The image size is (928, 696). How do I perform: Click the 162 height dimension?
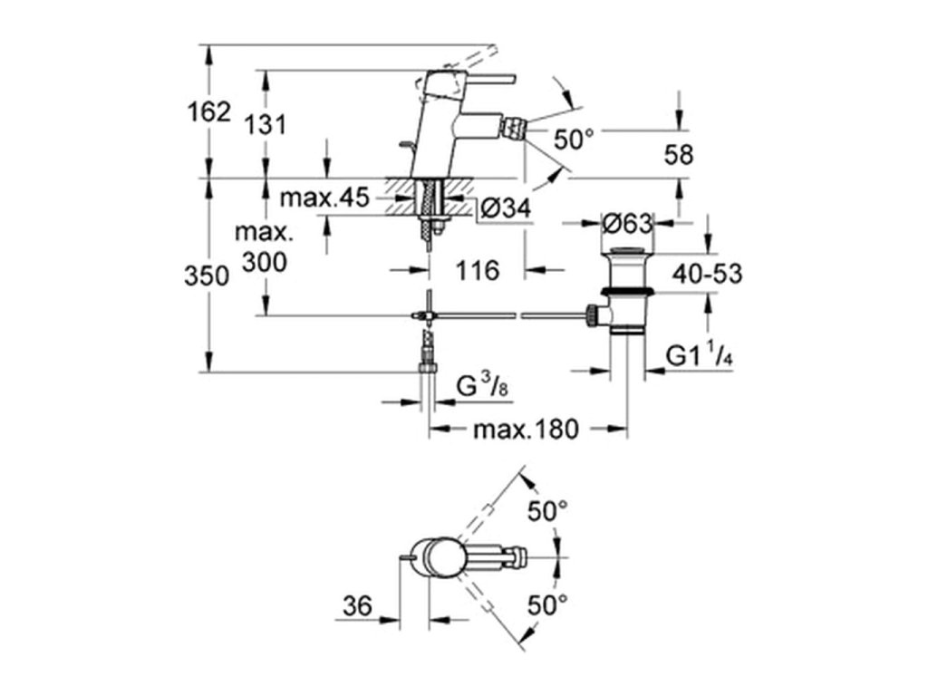pos(208,111)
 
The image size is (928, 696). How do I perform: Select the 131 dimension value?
pos(266,124)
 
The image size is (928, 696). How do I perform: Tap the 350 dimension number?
pos(206,276)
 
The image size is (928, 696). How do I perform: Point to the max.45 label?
pos(324,197)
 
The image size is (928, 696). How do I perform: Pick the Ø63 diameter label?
pos(627,224)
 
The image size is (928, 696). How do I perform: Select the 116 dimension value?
pos(478,270)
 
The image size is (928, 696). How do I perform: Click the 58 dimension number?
pos(678,155)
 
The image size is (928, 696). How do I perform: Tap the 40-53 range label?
pos(707,274)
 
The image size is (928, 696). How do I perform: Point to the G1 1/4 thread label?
pos(700,356)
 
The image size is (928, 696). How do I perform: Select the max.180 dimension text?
pos(526,429)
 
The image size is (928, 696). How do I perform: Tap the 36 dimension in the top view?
pos(357,606)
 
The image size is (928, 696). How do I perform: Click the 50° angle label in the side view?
pos(574,140)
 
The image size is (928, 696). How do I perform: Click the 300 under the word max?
pos(265,262)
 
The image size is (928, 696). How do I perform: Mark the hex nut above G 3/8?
pos(428,369)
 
